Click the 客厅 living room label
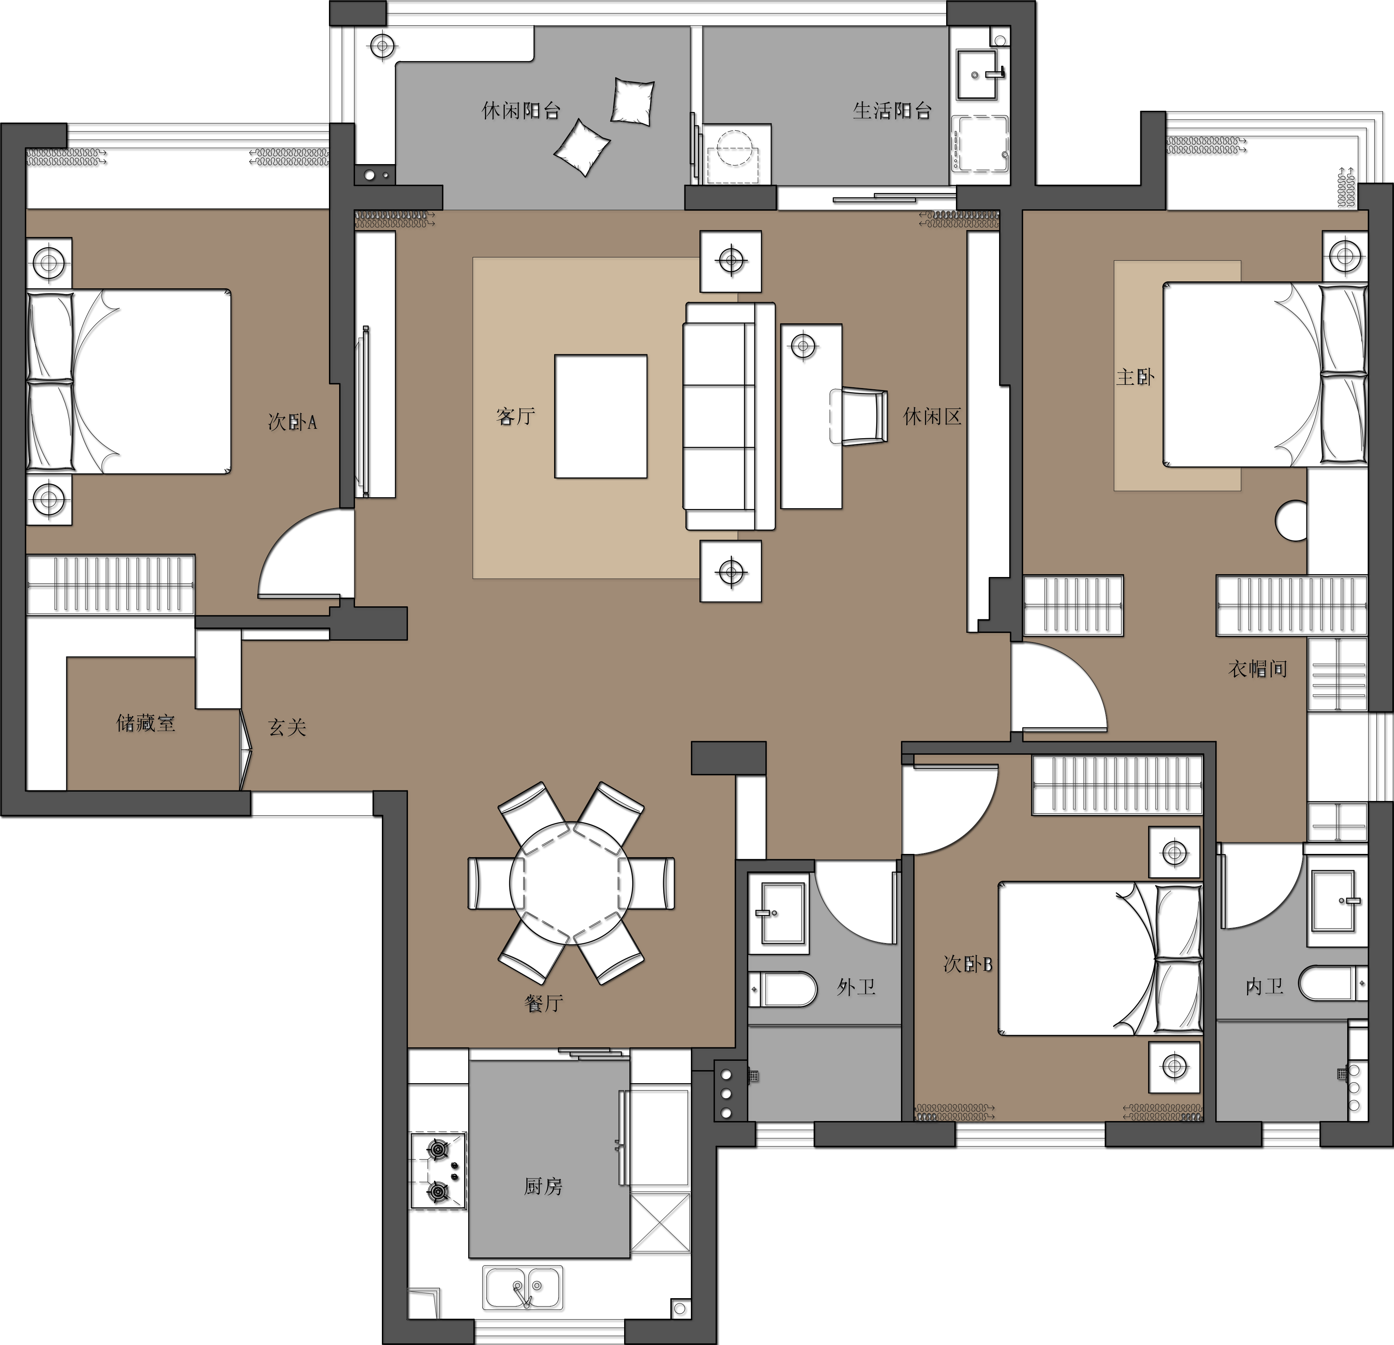click(516, 416)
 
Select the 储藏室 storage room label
click(146, 723)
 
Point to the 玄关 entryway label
click(287, 727)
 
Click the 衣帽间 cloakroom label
click(1258, 669)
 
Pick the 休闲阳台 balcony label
click(522, 110)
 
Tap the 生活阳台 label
click(892, 110)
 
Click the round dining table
click(571, 883)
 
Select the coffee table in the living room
click(601, 416)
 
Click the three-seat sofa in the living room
click(729, 416)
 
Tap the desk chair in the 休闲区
click(859, 416)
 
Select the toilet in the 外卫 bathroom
click(782, 990)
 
